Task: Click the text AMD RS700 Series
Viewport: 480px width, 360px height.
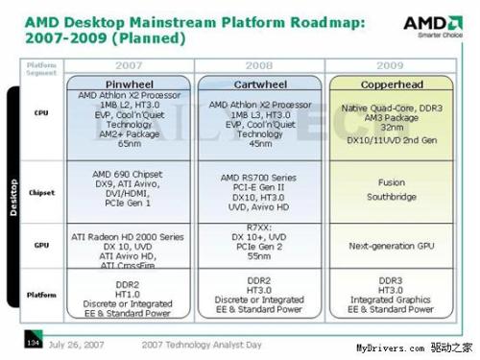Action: coord(257,178)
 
